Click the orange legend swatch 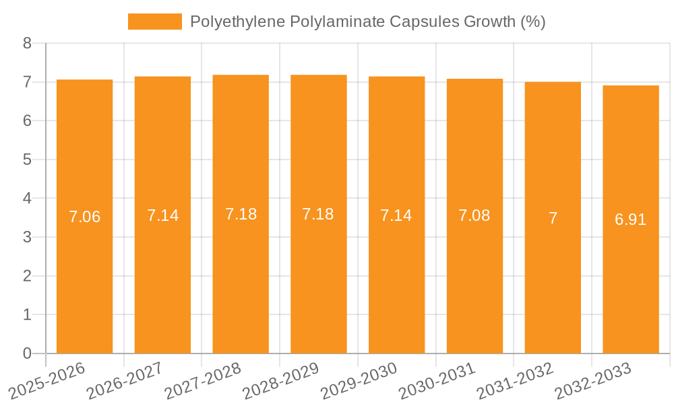tap(155, 22)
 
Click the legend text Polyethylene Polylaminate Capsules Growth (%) tap(367, 22)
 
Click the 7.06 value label tap(84, 217)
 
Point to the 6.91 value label tap(631, 220)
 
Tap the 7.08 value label tap(474, 215)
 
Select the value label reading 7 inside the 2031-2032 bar tap(553, 218)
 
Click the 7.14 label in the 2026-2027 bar tap(162, 215)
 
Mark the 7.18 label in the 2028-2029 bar tap(318, 214)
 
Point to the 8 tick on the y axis tap(27, 43)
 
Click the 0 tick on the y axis tap(27, 353)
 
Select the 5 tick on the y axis tap(27, 160)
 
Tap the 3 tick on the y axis tap(27, 237)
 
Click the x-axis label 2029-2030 tap(359, 381)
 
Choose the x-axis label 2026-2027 tap(125, 381)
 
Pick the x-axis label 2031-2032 tap(516, 381)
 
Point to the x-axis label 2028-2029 tap(281, 381)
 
